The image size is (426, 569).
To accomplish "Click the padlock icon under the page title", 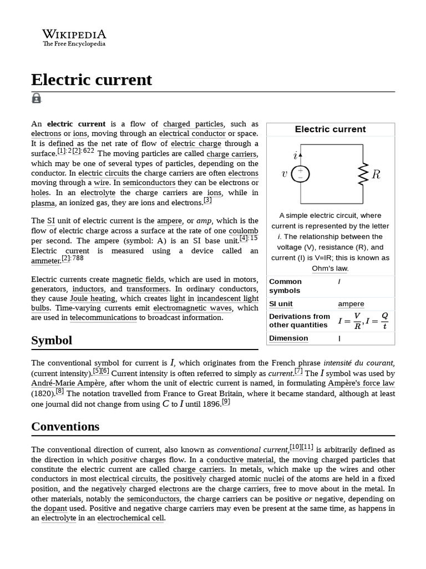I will pos(37,98).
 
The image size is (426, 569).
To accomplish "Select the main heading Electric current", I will pos(92,80).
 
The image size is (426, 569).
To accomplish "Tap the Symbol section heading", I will pos(52,340).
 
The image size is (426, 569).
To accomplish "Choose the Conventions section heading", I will pos(65,426).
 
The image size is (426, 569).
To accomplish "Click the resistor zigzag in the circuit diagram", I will pos(364,174).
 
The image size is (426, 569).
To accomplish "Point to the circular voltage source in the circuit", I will pos(300,174).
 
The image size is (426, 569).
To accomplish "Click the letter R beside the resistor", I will pos(376,174).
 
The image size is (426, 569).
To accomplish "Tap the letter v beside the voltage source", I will pos(285,174).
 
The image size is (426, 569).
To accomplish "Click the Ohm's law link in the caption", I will pos(330,268).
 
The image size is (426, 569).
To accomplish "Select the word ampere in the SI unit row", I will pos(351,304).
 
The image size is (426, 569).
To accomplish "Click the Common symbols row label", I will pos(285,286).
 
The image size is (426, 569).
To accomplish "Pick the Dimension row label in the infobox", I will pos(288,338).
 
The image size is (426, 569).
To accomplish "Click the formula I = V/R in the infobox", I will pos(349,321).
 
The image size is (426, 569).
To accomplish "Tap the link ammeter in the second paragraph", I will pos(45,261).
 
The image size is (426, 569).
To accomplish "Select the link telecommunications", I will pos(103,318).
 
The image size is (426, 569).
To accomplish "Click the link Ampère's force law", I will pos(361,383).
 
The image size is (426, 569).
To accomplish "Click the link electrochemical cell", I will pos(131,518).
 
